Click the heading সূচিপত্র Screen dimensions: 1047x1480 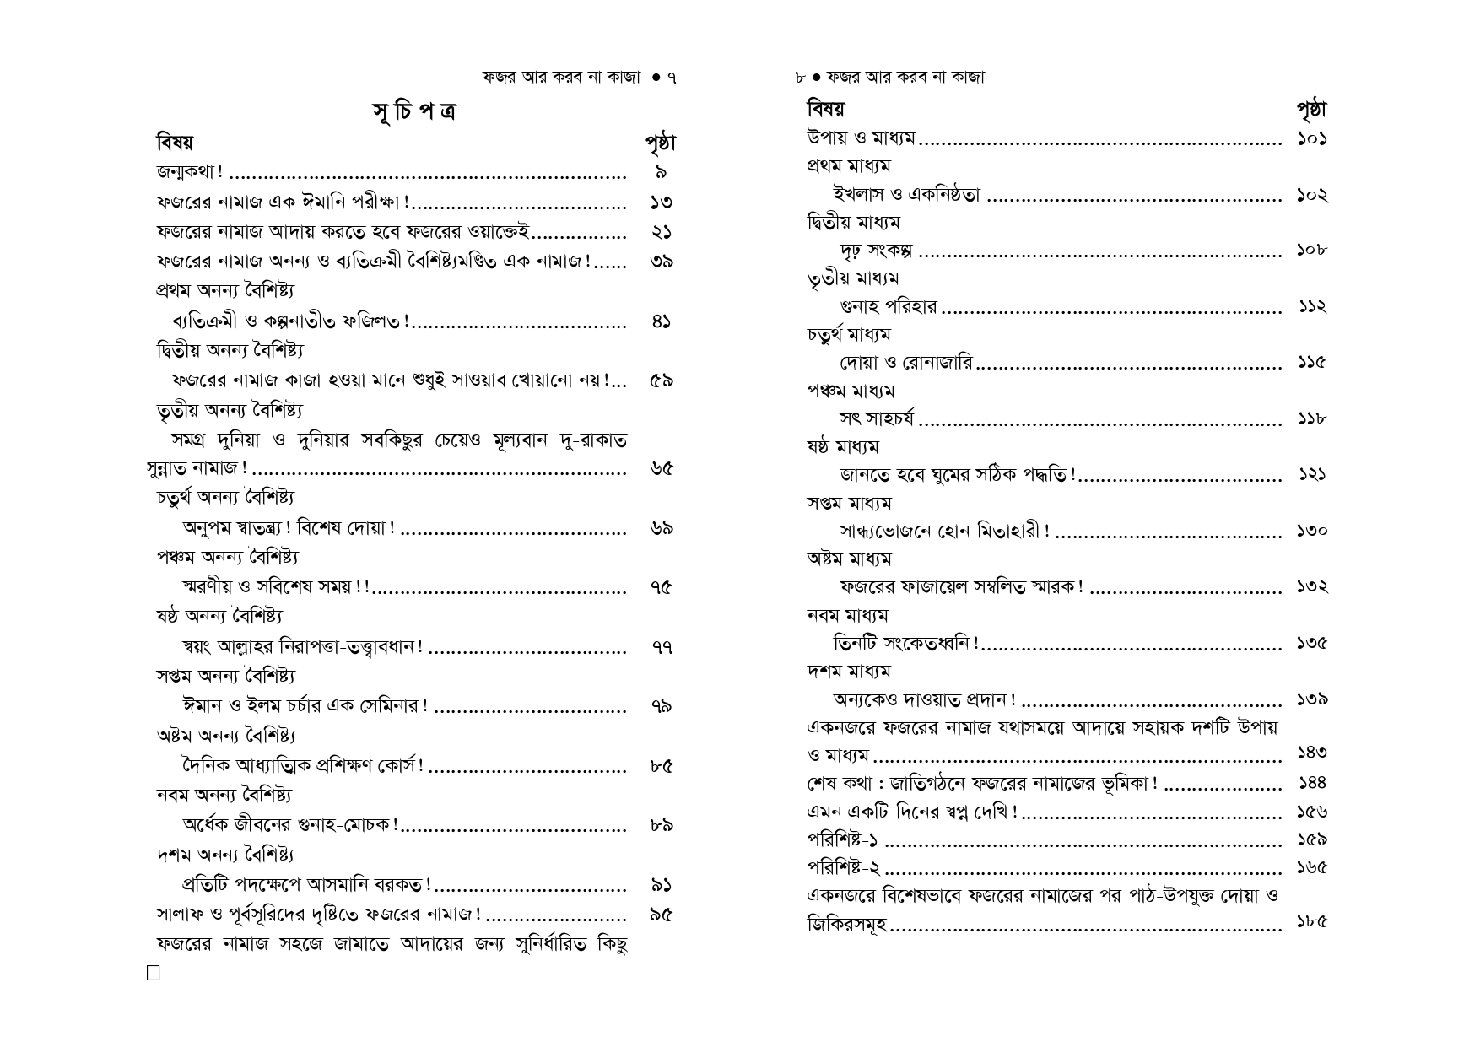[413, 111]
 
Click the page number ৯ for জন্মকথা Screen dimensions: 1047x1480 [661, 173]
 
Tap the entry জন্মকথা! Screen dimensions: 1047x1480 [190, 173]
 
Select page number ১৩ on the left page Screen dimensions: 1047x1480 [661, 202]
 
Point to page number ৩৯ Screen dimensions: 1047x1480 [661, 262]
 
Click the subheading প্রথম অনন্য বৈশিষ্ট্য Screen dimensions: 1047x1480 [225, 291]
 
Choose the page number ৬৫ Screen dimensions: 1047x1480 [661, 469]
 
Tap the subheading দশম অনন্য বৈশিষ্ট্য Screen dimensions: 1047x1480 [225, 855]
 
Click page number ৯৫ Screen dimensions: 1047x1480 [661, 915]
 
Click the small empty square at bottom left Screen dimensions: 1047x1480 [153, 973]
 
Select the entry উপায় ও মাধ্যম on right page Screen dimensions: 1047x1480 [861, 138]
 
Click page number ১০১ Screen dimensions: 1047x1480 [1311, 138]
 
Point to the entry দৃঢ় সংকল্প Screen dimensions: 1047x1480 [878, 251]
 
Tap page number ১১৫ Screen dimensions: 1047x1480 [1311, 363]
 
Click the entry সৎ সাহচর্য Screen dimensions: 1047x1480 [877, 419]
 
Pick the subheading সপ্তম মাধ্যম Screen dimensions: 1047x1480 [849, 504]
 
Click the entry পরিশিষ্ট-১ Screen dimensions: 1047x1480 [843, 840]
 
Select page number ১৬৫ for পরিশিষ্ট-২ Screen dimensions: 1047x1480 [1311, 868]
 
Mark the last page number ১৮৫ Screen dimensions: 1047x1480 [1311, 922]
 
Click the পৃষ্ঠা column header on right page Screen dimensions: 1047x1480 [1310, 110]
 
